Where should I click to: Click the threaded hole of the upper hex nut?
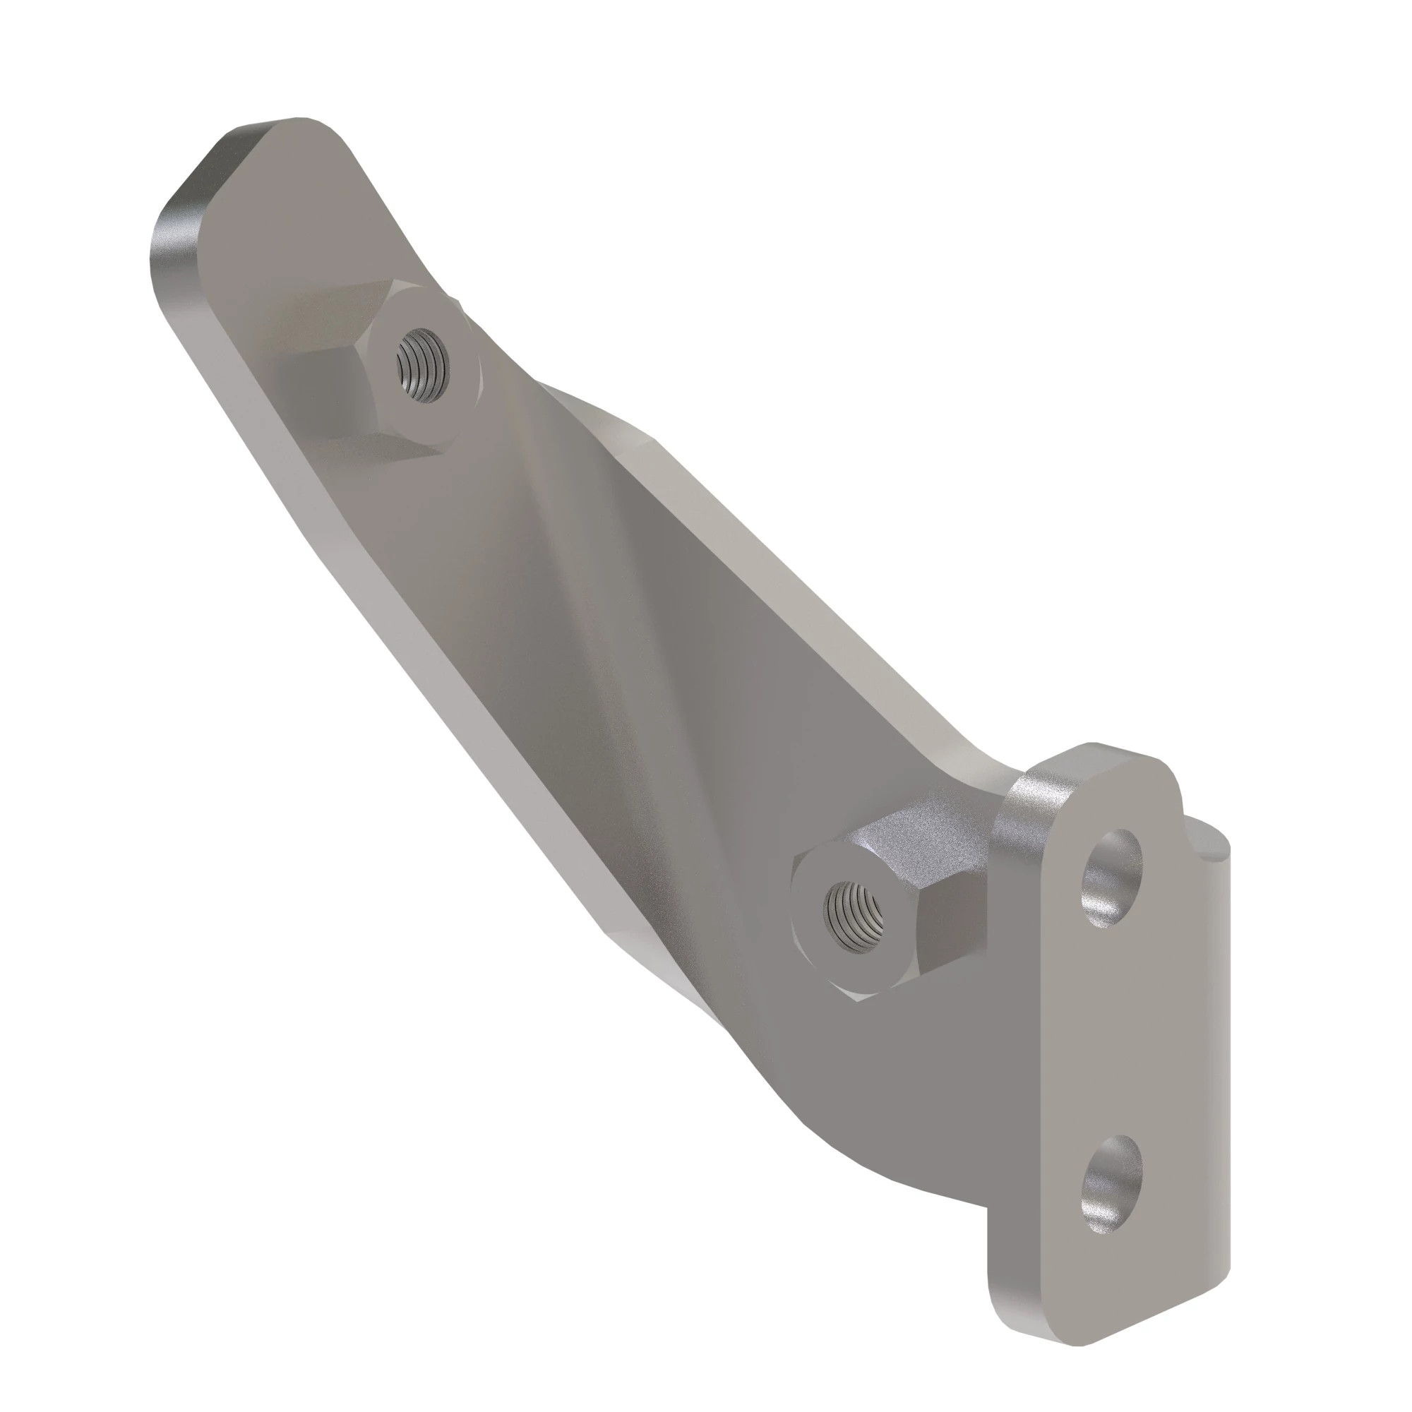tap(423, 363)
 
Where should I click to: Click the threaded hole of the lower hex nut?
tap(852, 916)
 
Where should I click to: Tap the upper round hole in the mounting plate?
tap(1113, 877)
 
